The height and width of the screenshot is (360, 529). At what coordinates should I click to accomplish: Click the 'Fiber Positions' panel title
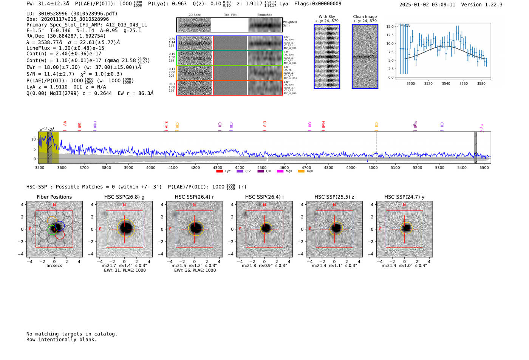click(x=54, y=197)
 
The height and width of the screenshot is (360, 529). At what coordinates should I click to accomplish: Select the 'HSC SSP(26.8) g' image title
click(x=124, y=197)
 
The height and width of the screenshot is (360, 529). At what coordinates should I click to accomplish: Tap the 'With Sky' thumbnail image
click(x=327, y=56)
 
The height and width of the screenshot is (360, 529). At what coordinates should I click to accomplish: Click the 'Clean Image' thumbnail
click(x=365, y=56)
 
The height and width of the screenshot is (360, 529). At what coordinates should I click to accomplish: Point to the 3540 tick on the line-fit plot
click(x=446, y=83)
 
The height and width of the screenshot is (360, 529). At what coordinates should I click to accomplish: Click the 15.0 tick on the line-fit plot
click(x=390, y=26)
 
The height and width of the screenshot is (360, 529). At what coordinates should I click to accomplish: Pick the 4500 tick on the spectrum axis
click(x=262, y=167)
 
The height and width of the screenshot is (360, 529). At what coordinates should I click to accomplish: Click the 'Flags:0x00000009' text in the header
click(x=318, y=3)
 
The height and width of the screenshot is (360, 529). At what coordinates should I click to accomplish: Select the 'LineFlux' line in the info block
click(x=65, y=48)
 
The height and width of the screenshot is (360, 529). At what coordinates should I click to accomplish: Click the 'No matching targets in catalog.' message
click(x=72, y=334)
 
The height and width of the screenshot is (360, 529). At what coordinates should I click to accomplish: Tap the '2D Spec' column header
click(x=195, y=15)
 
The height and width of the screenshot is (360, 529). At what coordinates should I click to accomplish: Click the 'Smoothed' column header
click(x=264, y=15)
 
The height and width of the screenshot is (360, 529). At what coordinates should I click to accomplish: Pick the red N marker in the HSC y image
click(x=404, y=205)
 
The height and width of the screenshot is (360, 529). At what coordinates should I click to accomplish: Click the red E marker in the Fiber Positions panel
click(x=31, y=229)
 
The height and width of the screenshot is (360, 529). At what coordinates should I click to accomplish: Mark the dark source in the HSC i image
click(x=266, y=228)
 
